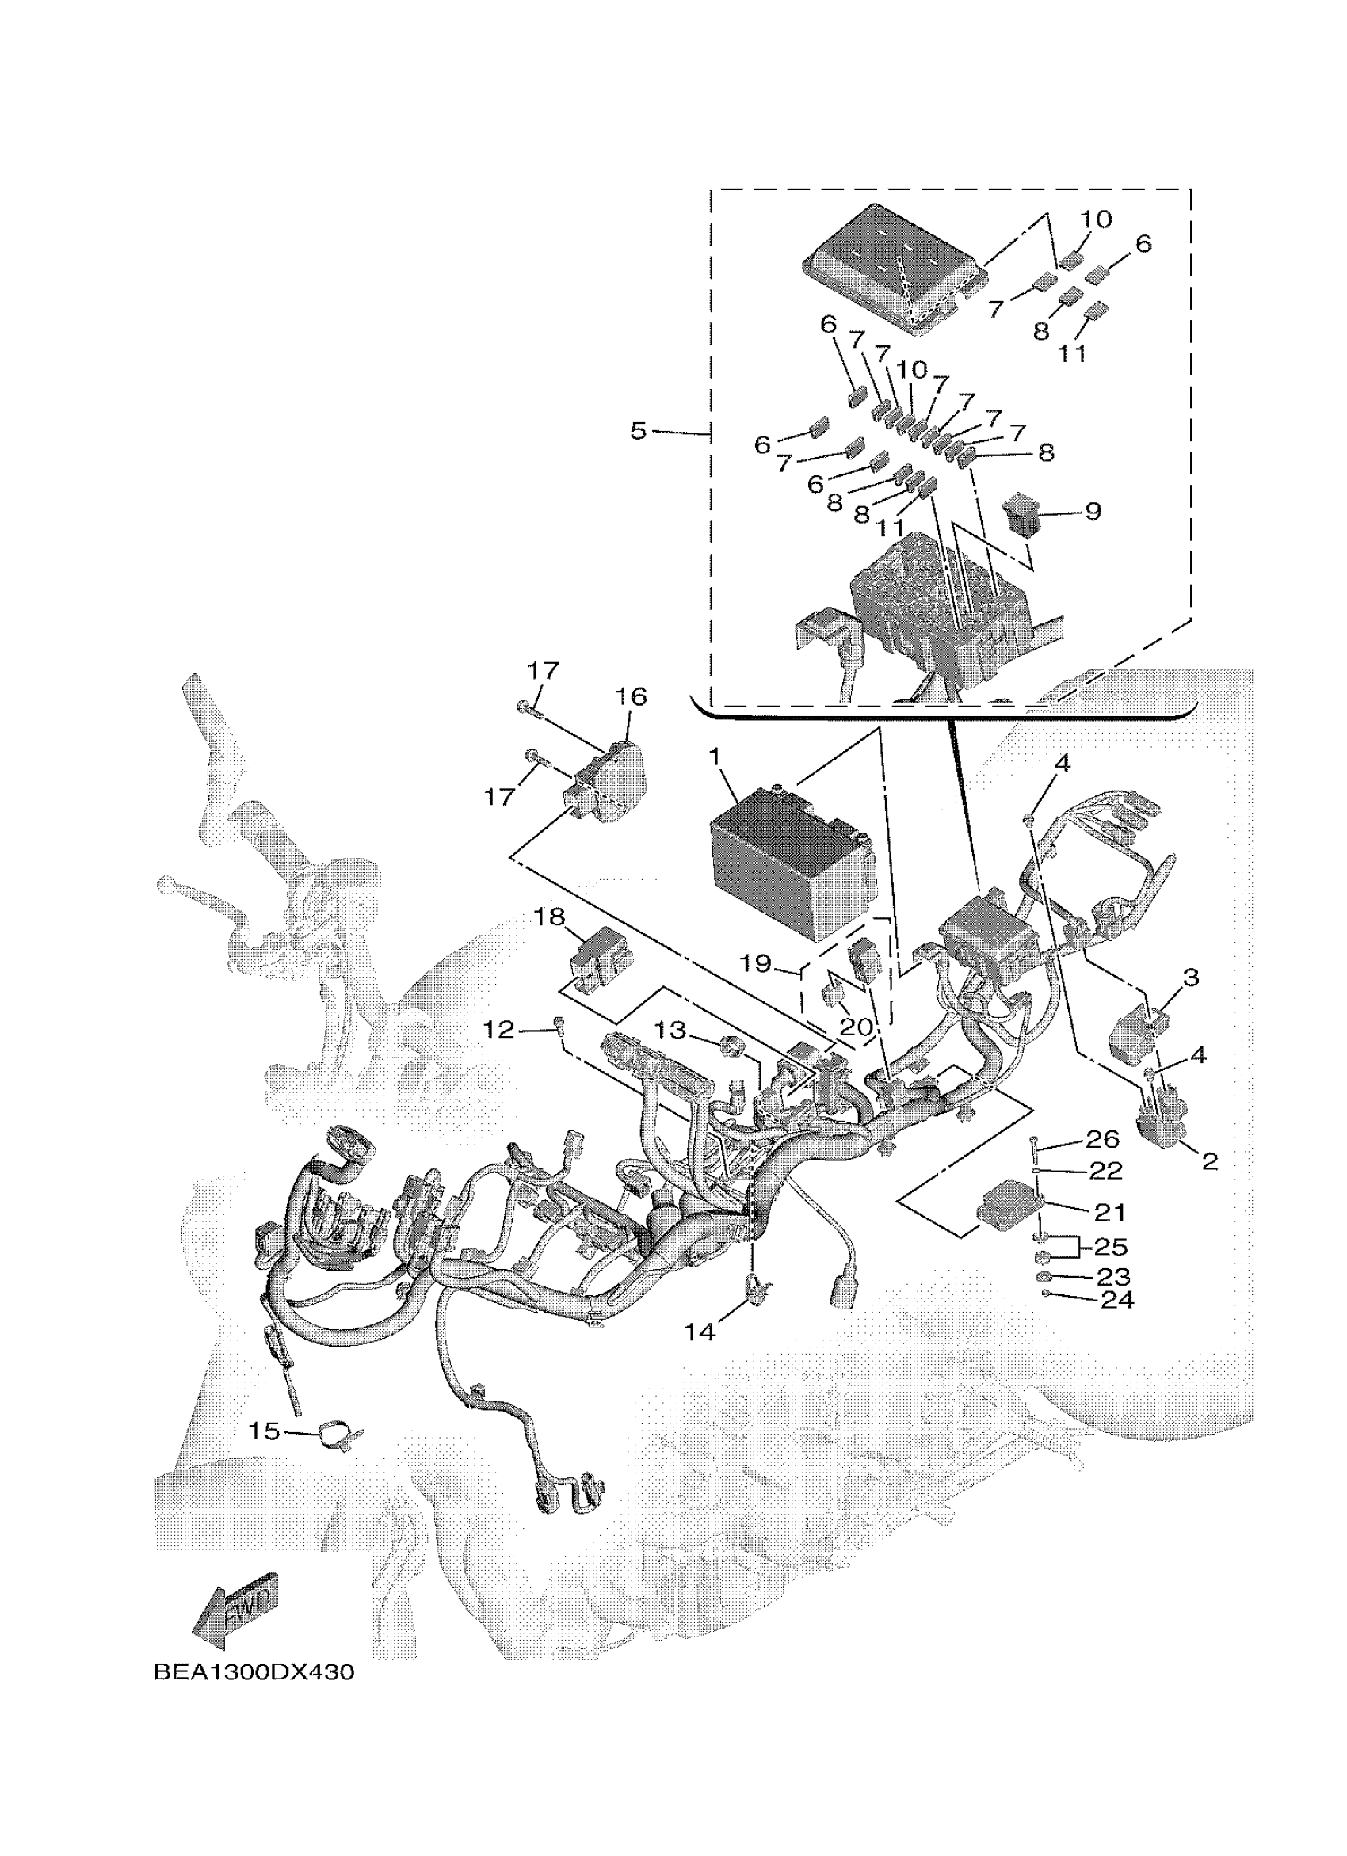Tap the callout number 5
(639, 430)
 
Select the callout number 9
(1093, 512)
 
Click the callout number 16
(630, 696)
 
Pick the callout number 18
(550, 917)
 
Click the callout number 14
(700, 1332)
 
